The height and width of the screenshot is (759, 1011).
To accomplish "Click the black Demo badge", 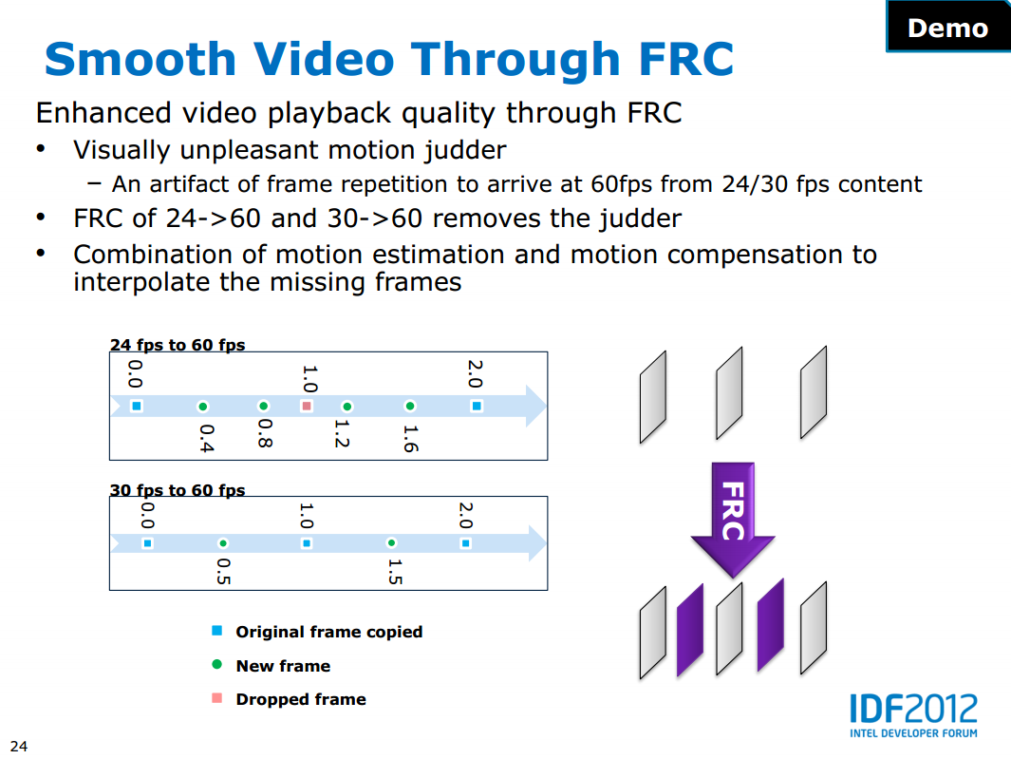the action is click(x=948, y=26).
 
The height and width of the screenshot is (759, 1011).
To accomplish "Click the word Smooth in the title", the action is click(x=140, y=59).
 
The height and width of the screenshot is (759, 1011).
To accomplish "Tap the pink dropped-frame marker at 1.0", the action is click(x=307, y=406).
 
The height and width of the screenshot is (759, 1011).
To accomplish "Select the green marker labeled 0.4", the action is click(x=203, y=407).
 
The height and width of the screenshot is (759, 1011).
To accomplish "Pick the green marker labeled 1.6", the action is click(x=410, y=406).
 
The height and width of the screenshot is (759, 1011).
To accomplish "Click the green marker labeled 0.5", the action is click(x=223, y=543).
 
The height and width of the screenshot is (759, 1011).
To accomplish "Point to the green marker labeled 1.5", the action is click(x=391, y=542).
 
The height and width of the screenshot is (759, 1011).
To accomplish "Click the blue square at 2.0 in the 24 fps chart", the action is click(x=477, y=406).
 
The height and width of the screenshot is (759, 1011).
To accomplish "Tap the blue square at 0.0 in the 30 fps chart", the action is click(x=148, y=543).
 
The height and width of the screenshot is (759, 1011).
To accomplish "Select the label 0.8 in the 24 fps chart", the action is click(x=265, y=433).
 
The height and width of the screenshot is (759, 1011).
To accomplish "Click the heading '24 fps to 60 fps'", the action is click(x=178, y=345).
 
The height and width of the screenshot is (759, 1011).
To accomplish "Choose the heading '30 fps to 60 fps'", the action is click(x=178, y=490).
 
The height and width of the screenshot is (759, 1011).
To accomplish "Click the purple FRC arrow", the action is click(x=733, y=517).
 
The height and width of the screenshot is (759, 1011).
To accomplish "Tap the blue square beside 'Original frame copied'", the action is click(x=217, y=631).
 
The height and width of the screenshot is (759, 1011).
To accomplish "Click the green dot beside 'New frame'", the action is click(x=217, y=664).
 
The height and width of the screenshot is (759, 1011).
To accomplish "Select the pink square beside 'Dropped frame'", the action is click(x=217, y=698).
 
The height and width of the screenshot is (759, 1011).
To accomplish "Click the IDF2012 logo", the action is click(x=913, y=715).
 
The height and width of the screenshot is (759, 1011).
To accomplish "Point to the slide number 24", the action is click(x=19, y=746).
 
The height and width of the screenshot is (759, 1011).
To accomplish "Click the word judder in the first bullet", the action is click(x=465, y=151).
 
